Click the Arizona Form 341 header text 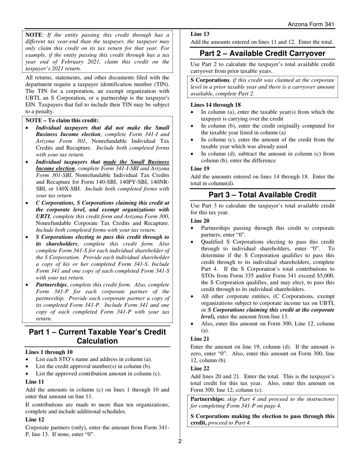pos(311,24)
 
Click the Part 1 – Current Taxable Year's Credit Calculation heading pos(97,336)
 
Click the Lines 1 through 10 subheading pos(49,352)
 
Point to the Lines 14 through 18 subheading pos(215,105)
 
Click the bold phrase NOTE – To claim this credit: pos(62,120)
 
